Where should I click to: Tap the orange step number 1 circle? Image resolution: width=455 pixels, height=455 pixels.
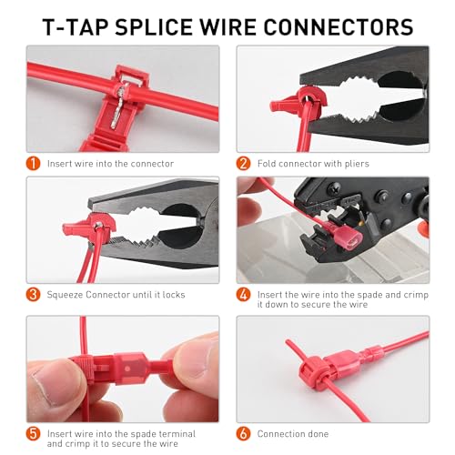coord(33,164)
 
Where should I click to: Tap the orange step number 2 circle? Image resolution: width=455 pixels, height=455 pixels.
coord(243,164)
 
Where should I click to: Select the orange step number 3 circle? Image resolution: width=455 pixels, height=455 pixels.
coord(33,293)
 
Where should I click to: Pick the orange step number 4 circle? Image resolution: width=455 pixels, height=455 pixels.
coord(243,294)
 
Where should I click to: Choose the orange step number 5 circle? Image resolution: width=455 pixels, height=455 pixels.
coord(33,433)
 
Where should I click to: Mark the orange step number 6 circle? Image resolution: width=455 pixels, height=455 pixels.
coord(243,433)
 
